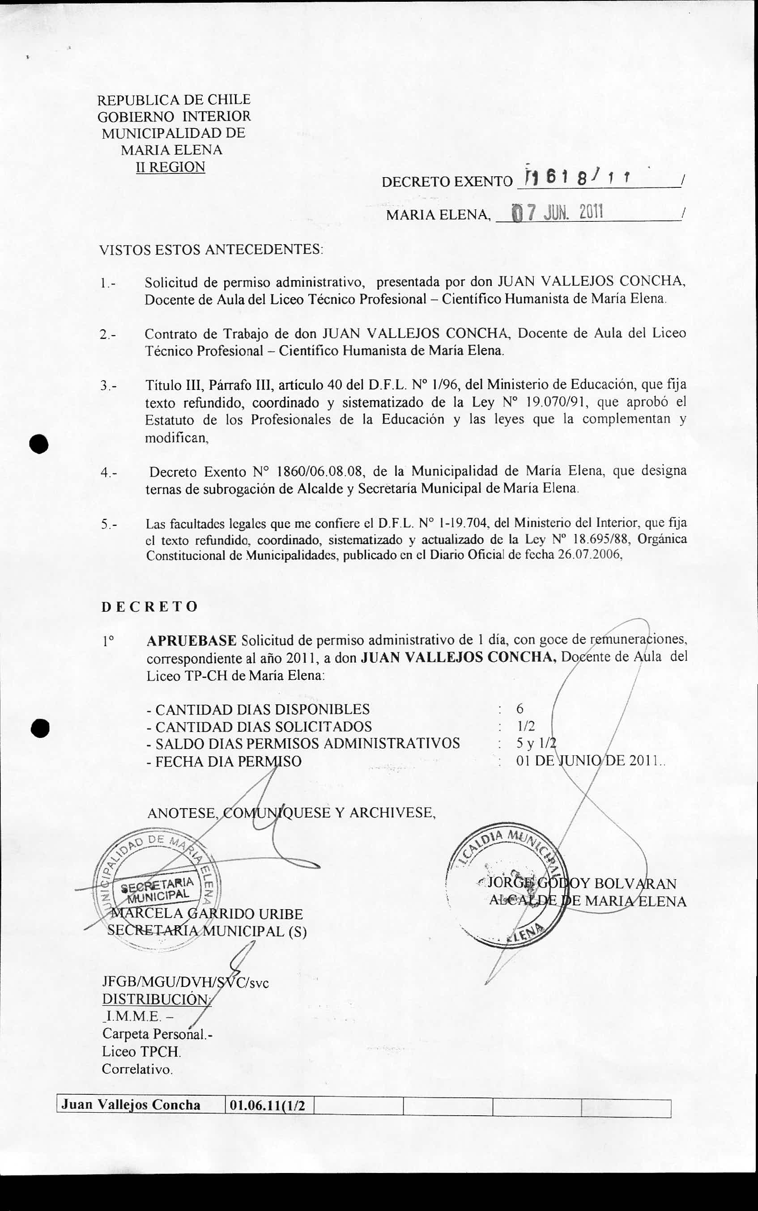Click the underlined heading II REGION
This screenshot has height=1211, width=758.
(x=170, y=167)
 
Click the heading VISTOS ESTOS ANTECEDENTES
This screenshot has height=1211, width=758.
(x=211, y=250)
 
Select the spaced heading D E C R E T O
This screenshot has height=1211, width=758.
(x=149, y=607)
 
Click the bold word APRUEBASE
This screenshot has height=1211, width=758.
(x=192, y=640)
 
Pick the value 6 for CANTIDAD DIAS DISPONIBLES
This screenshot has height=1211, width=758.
(x=520, y=708)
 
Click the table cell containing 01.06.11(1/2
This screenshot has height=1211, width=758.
(x=267, y=1105)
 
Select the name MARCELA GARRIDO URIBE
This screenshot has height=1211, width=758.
(x=205, y=913)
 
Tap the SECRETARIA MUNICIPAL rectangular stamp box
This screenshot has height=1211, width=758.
(x=157, y=888)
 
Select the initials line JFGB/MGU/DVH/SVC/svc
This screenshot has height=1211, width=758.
(x=185, y=982)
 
